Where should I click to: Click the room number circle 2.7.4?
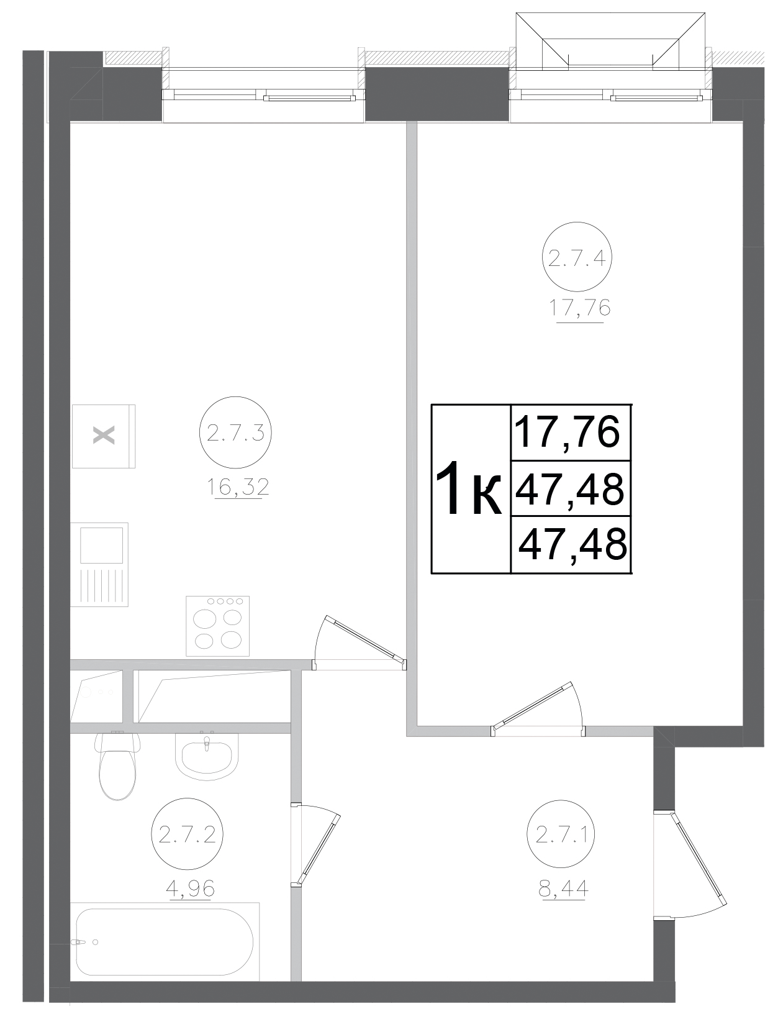click(x=577, y=257)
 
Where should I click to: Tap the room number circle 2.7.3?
click(x=235, y=433)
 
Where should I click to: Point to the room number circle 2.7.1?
click(x=561, y=836)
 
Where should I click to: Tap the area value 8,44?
click(x=564, y=890)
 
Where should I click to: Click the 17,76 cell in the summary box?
click(x=568, y=433)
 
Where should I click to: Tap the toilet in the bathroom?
click(x=117, y=766)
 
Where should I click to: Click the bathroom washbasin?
click(x=207, y=754)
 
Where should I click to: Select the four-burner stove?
click(x=217, y=626)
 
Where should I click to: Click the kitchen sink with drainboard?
click(x=99, y=564)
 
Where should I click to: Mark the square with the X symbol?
click(x=104, y=436)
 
